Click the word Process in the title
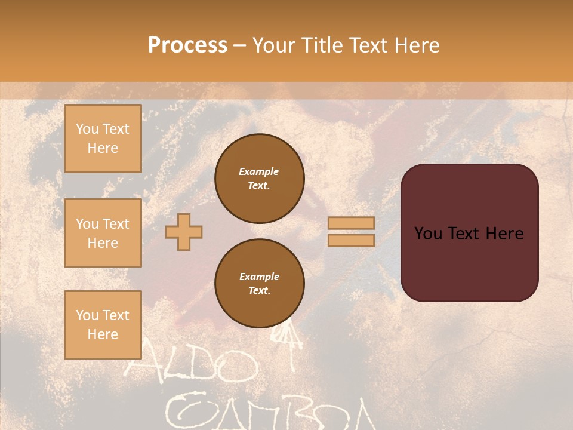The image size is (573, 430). coord(187,45)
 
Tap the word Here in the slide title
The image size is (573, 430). coord(417,45)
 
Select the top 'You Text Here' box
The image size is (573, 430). coord(103,139)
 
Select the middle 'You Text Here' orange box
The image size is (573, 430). coord(103,233)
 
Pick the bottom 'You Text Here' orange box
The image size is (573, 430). coord(103,324)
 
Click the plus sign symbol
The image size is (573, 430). coord(184,232)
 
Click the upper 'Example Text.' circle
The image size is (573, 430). coord(259,179)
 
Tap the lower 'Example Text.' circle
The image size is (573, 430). coord(259,284)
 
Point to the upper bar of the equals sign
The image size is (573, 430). coord(351,223)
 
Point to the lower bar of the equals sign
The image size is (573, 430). coord(351,240)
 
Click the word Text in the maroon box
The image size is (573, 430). coord(469,234)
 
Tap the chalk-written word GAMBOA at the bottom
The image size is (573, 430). coord(269,412)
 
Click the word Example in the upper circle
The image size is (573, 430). coord(259,171)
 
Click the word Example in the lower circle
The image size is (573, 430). coord(259,277)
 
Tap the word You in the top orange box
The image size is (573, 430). coord(87,129)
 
